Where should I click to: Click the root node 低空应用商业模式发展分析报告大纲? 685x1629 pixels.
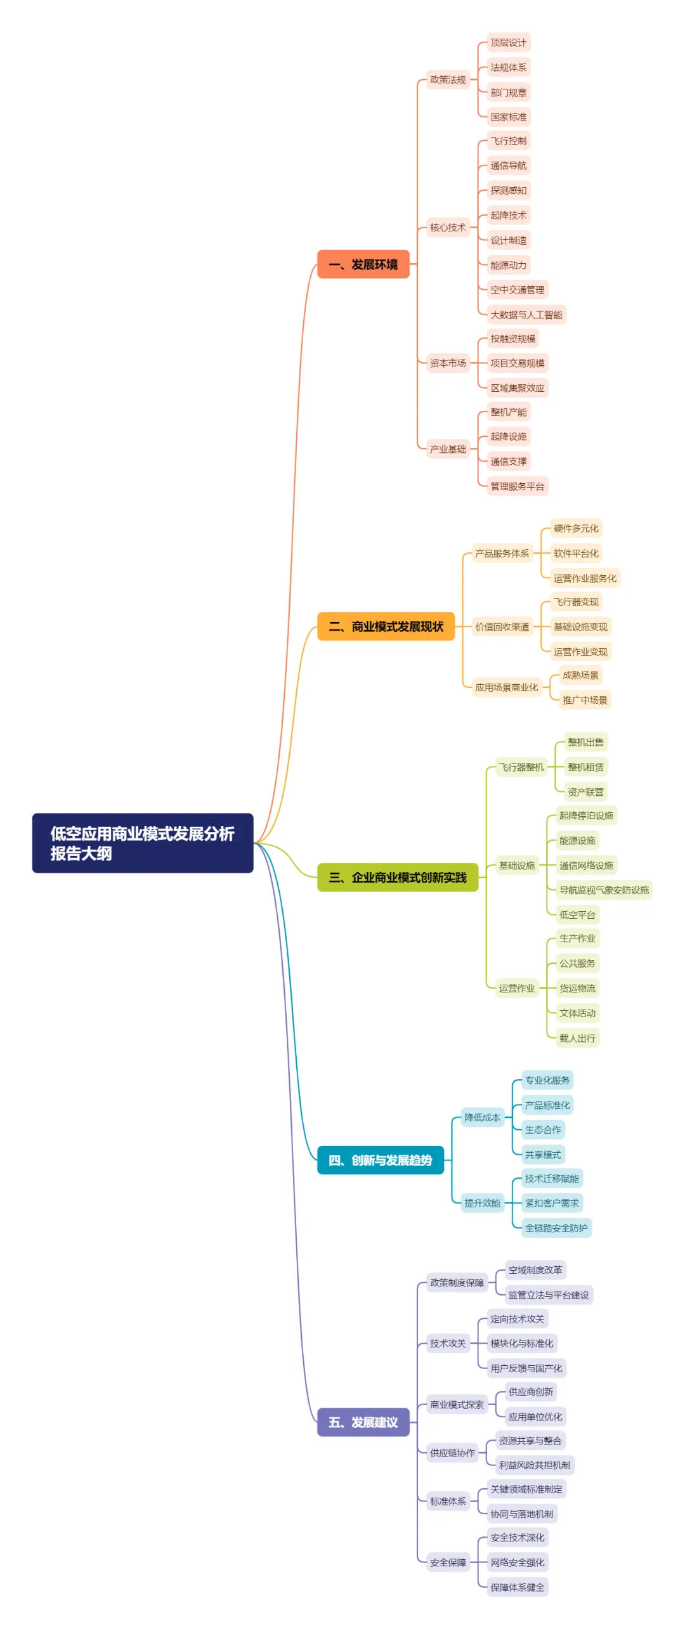point(142,843)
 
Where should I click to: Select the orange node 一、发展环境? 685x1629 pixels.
point(363,264)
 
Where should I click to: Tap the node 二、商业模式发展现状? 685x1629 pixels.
point(386,626)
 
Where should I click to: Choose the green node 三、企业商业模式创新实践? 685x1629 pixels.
point(397,878)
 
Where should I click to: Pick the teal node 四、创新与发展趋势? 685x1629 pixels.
point(380,1160)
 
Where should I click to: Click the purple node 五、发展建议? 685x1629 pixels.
point(363,1422)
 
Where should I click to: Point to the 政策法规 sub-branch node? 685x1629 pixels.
point(448,80)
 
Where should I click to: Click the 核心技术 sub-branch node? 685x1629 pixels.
point(448,228)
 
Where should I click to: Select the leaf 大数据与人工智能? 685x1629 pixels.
point(526,315)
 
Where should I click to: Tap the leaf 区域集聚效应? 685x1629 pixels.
point(517,388)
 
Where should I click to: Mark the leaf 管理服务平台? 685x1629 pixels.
point(517,486)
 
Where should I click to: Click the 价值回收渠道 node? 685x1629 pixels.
point(502,627)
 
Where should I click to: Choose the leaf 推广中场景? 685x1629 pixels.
point(585,700)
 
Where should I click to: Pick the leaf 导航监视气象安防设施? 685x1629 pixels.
point(604,890)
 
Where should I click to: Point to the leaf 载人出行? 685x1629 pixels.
point(577,1038)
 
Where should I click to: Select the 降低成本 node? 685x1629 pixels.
point(482,1117)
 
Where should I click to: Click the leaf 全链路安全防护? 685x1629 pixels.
point(556,1228)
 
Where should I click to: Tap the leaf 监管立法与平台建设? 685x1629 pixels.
point(549,1295)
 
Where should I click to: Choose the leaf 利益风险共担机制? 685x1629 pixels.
point(534,1465)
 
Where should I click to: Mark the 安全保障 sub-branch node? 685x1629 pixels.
point(448,1562)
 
